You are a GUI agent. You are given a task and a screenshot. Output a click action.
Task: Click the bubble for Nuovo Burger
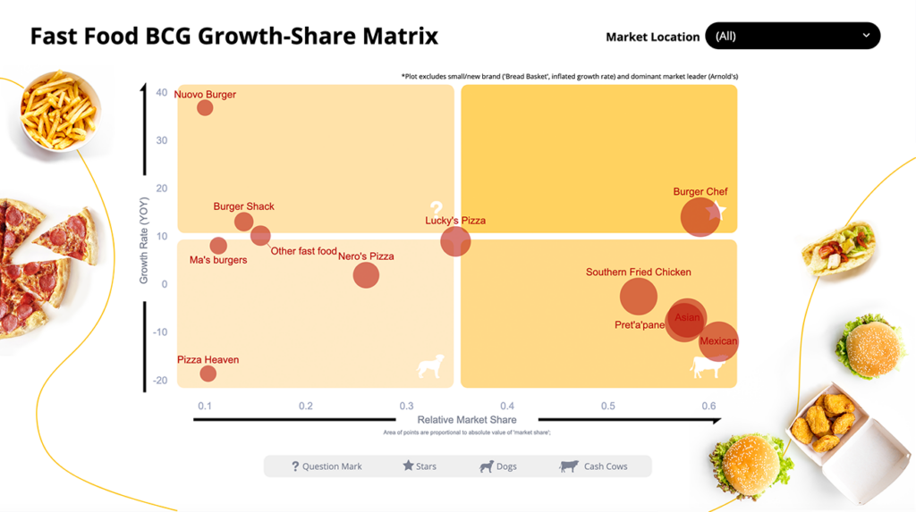tap(205, 108)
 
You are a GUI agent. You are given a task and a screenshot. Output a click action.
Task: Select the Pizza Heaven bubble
tap(208, 374)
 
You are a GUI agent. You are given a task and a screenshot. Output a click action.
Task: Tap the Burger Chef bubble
tap(700, 216)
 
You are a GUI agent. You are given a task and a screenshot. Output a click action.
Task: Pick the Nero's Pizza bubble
tap(366, 274)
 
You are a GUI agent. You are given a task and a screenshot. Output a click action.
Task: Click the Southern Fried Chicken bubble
tap(639, 297)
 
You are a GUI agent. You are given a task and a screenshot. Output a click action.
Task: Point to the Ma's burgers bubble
tap(218, 246)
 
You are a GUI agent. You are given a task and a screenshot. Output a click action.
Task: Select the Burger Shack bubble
tap(243, 222)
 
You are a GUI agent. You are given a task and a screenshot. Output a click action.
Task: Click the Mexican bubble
tap(718, 341)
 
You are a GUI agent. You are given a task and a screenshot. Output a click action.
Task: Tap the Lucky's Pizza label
tap(455, 221)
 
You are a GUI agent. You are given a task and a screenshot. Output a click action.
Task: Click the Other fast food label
tap(303, 251)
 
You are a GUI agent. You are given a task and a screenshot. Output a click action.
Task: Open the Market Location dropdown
tap(793, 36)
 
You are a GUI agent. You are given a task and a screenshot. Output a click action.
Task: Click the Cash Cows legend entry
tap(594, 466)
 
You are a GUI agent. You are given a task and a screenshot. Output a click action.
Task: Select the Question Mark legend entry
tap(327, 466)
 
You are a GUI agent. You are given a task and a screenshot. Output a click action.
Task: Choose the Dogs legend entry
tap(498, 466)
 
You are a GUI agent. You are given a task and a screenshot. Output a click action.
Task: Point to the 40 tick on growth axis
tap(161, 93)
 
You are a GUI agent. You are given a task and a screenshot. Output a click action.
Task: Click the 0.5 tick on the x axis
tap(608, 406)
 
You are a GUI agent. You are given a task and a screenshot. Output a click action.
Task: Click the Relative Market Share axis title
tap(467, 420)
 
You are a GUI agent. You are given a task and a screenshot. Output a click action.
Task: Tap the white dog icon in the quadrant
tap(431, 366)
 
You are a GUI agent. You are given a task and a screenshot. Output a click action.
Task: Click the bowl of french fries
tap(60, 112)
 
